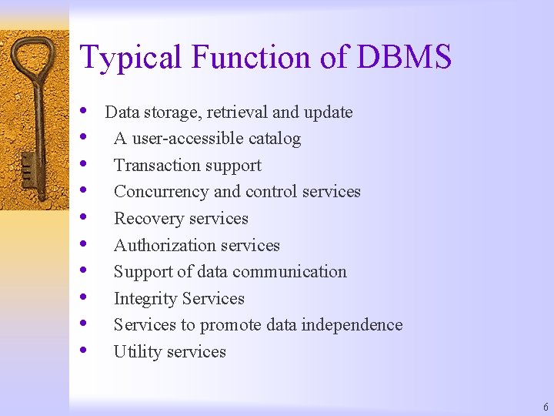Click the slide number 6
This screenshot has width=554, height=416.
(546, 407)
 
